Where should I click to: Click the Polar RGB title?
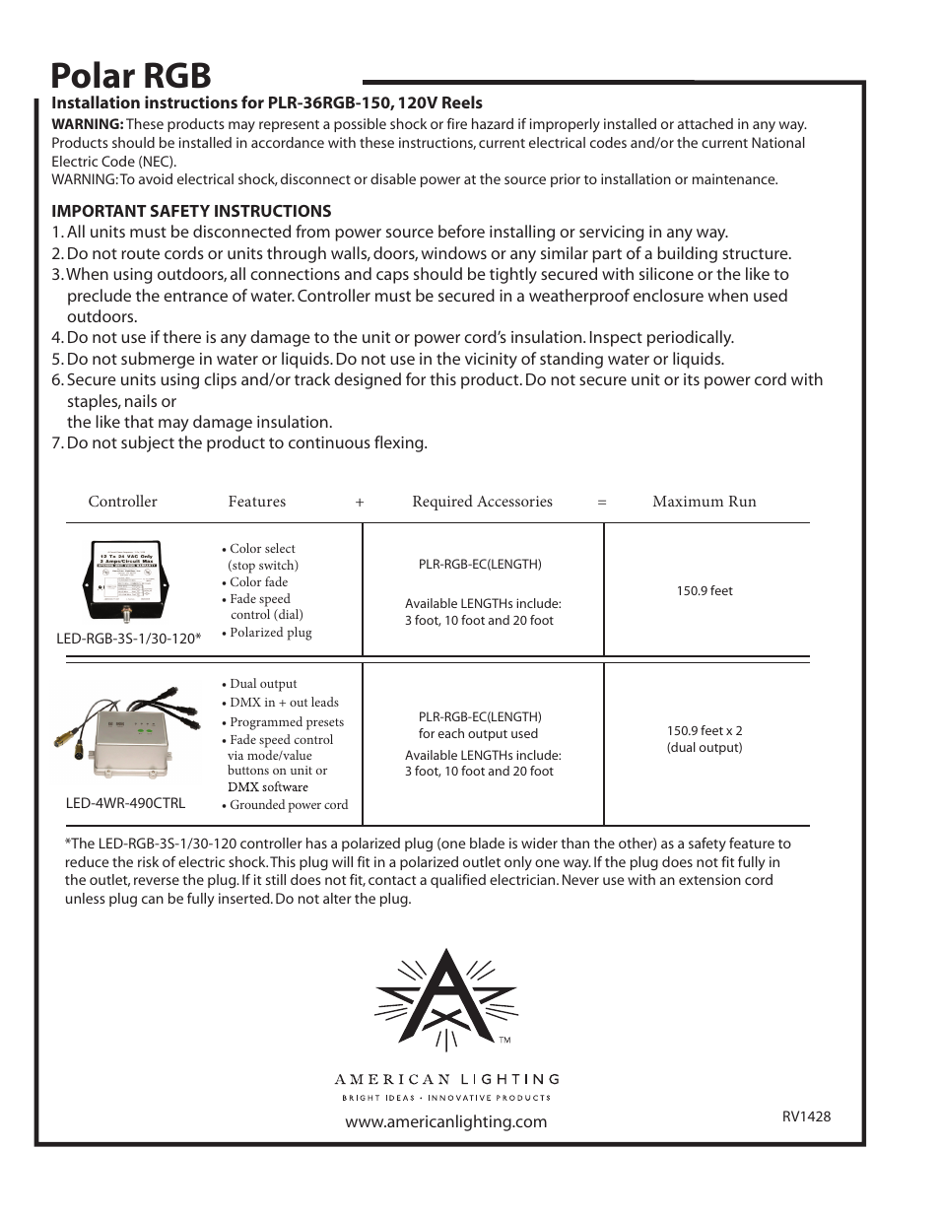coord(131,75)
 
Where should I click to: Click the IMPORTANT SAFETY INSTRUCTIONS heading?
coord(191,211)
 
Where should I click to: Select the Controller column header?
coord(122,502)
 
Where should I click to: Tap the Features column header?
coord(256,502)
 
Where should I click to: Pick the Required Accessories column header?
coord(482,502)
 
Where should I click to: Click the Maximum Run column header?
coord(704,502)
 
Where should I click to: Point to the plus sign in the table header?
coord(360,503)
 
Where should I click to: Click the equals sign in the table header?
coord(601,503)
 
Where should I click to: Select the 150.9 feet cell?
coord(704,591)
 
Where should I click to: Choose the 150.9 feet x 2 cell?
coord(704,739)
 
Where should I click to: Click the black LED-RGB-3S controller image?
coord(129,580)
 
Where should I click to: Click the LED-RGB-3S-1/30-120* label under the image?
coord(128,639)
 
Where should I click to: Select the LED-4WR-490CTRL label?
coord(125,803)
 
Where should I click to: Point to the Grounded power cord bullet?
coord(288,805)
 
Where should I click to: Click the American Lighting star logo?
coord(446,999)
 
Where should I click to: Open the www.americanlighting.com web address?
coord(445,1121)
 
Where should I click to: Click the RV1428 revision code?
coord(806,1116)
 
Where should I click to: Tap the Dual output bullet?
coord(262,684)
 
